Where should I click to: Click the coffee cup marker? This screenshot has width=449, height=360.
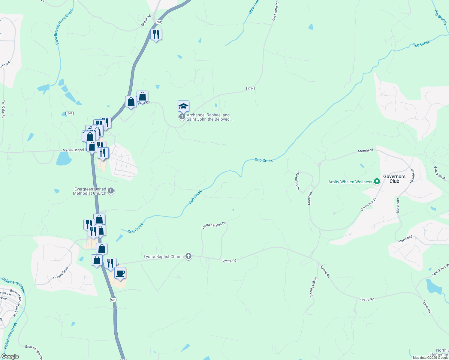120,273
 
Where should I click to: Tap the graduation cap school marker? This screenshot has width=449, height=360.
183,106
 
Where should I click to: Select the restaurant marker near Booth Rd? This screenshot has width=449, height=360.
156,34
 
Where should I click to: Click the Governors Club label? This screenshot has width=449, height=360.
394,179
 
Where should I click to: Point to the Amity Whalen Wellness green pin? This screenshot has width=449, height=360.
377,181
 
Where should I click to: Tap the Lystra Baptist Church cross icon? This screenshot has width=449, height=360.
188,256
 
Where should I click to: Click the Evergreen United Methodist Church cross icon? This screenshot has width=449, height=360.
111,191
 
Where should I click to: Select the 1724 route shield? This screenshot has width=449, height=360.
250,88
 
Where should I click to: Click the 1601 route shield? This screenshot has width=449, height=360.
69,113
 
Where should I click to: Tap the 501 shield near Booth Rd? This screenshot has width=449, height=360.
159,22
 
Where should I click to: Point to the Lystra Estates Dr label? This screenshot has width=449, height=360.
213,225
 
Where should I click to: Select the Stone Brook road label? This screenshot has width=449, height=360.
297,181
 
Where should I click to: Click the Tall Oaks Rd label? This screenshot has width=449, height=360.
4,109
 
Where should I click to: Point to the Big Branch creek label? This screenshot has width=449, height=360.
440,17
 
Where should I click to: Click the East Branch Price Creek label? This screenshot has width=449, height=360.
64,27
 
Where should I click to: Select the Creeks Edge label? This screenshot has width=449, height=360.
61,273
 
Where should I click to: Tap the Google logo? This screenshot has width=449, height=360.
10,356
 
